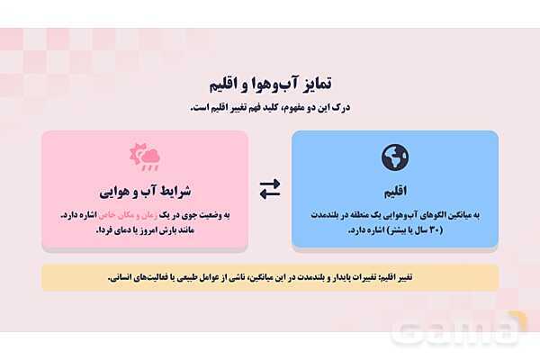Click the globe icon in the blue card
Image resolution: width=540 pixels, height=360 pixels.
pyautogui.click(x=395, y=158)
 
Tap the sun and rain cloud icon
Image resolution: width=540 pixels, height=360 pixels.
pyautogui.click(x=145, y=158)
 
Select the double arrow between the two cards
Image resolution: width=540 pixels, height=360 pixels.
pyautogui.click(x=270, y=189)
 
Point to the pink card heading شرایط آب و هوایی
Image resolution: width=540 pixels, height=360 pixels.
pyautogui.click(x=145, y=192)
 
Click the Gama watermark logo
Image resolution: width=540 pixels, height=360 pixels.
pyautogui.click(x=460, y=331)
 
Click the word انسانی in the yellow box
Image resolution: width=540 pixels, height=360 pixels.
pyautogui.click(x=122, y=277)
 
